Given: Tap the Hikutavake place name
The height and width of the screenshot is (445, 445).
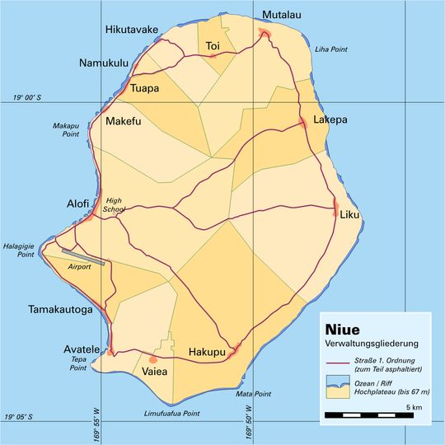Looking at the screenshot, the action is (x=132, y=30).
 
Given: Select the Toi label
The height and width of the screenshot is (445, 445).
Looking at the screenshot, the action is (x=213, y=45).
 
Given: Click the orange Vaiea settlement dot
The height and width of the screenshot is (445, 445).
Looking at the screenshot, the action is (x=152, y=359).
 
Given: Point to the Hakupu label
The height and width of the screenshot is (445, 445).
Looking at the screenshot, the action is (x=207, y=353).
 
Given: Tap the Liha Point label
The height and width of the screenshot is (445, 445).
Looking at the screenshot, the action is (x=331, y=49).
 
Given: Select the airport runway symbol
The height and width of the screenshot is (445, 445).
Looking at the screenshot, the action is (x=82, y=256).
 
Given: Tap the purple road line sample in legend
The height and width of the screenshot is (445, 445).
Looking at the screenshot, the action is (x=337, y=363).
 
